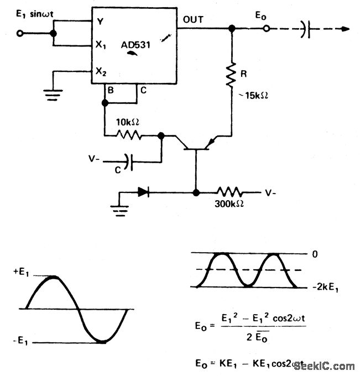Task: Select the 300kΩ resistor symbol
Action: click(x=230, y=192)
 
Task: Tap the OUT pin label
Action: click(x=193, y=20)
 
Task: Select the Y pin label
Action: click(x=100, y=22)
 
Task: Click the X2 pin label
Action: click(x=101, y=71)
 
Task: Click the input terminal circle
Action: click(x=21, y=33)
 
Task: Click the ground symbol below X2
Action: click(x=53, y=93)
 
